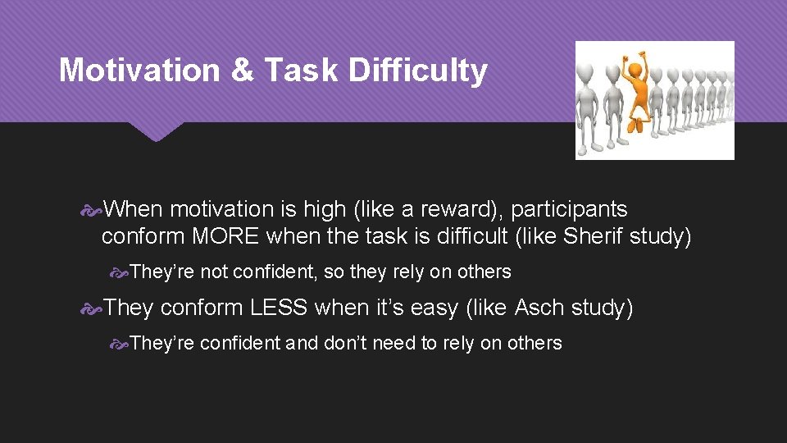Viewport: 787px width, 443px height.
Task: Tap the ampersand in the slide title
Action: coord(242,71)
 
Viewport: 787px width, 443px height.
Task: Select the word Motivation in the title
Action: coord(139,71)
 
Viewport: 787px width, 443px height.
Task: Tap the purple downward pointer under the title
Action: coord(155,131)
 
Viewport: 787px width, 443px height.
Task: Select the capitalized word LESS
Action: coord(280,308)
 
